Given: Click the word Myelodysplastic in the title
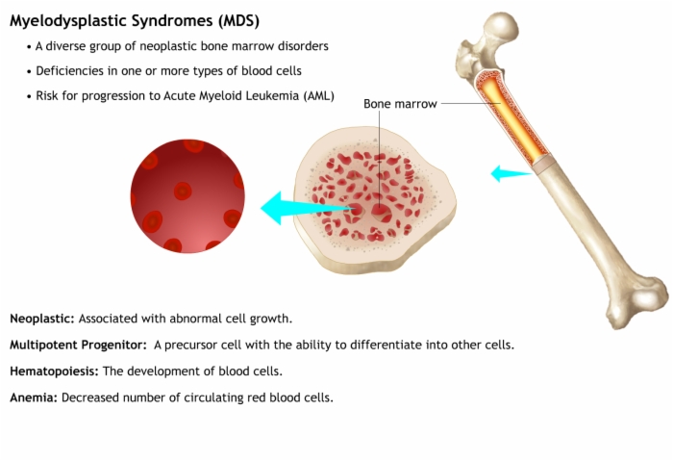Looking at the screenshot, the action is tap(68, 21).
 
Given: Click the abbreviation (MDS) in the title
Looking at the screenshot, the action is tap(238, 20).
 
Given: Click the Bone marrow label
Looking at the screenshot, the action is tap(400, 104).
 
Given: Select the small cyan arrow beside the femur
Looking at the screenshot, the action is tap(511, 173).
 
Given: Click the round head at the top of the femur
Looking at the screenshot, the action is tap(501, 27).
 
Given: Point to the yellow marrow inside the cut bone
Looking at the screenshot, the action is tap(511, 115).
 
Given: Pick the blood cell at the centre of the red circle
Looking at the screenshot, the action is tap(183, 191).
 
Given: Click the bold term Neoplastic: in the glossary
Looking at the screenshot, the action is tap(42, 319).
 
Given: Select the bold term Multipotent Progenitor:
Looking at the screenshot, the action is tap(78, 345).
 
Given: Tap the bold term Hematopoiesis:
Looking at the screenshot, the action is tap(54, 371).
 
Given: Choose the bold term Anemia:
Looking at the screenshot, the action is tap(34, 397).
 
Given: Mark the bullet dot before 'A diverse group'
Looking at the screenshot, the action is tap(29, 47).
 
